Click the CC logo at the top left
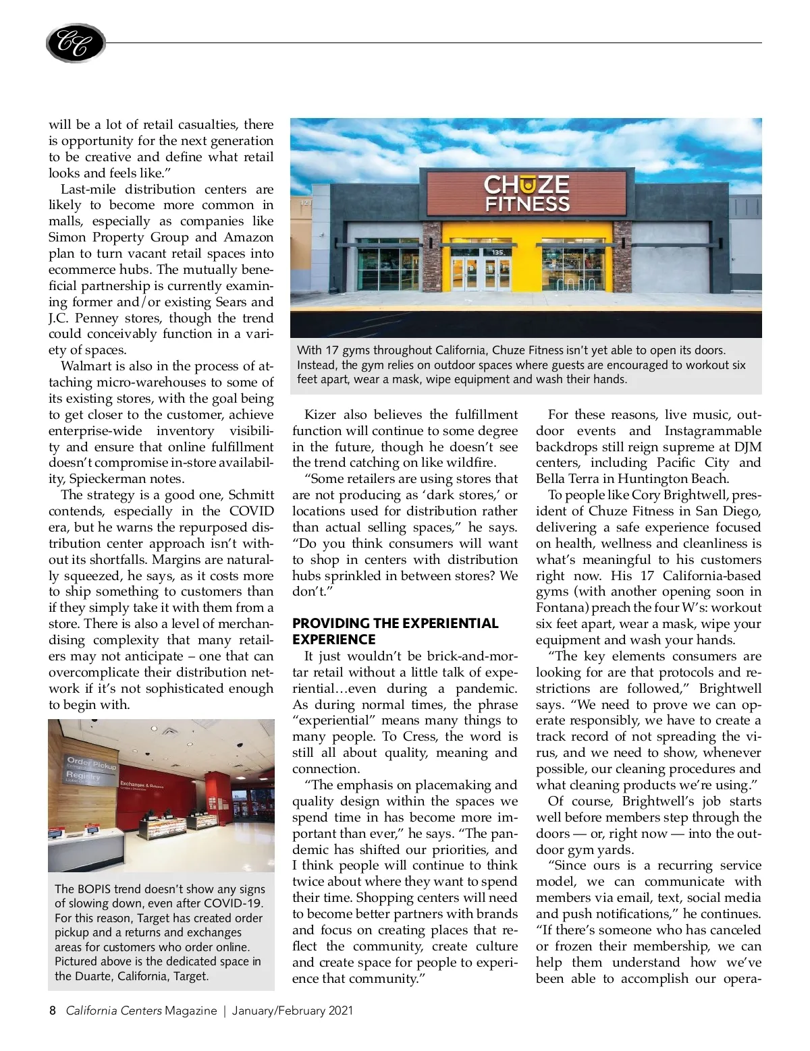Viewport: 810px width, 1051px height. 76,44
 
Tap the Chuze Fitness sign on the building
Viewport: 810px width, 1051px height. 526,194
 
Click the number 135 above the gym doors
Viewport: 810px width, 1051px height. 497,252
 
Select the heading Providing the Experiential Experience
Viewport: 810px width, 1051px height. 395,631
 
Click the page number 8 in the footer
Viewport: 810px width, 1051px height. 53,1011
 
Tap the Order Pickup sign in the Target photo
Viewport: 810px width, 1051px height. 92,764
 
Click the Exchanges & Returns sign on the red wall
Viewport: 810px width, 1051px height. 142,785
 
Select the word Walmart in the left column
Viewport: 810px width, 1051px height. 86,366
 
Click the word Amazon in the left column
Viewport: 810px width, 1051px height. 248,237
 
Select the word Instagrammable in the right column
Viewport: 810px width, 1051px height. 713,431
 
